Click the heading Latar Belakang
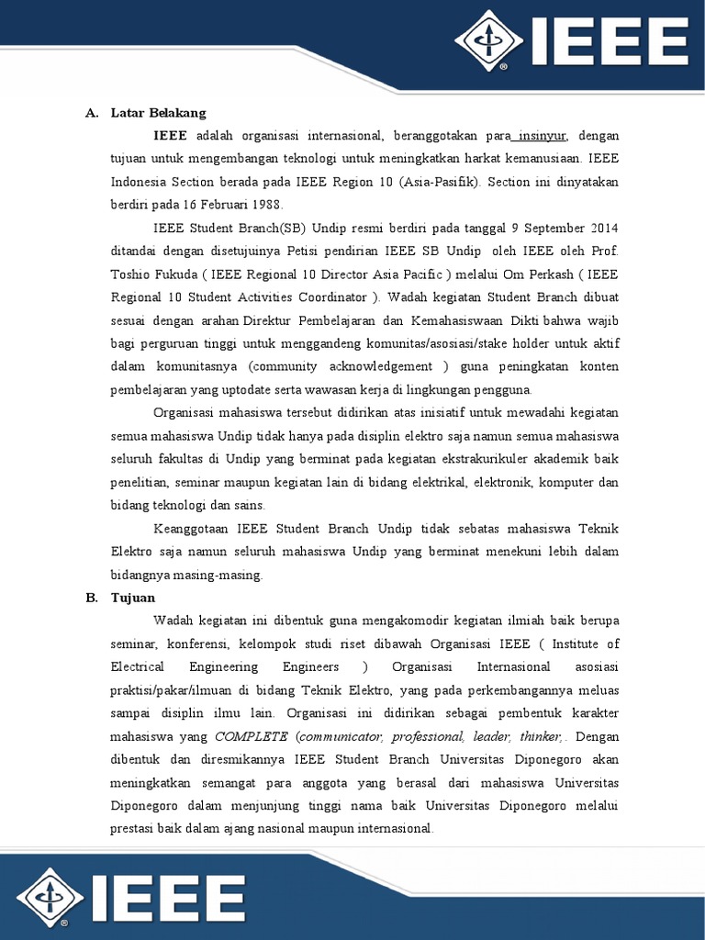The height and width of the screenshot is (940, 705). (x=158, y=113)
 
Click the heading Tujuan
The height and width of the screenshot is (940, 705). (x=134, y=598)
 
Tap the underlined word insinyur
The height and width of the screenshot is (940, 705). (x=543, y=136)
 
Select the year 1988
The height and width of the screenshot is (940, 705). (x=267, y=204)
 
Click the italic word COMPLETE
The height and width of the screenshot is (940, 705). (x=251, y=736)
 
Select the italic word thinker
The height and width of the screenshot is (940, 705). (x=539, y=736)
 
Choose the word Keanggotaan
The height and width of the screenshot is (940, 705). (x=192, y=528)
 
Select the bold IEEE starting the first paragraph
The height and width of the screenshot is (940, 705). (x=170, y=136)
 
